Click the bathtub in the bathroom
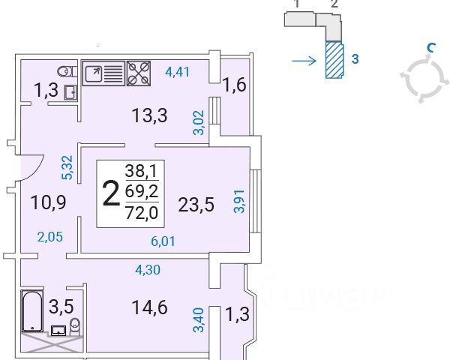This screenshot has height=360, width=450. [x=32, y=311]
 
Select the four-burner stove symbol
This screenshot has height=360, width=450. [x=139, y=73]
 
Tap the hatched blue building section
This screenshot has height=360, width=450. [x=334, y=59]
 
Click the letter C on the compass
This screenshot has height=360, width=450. [x=430, y=48]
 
